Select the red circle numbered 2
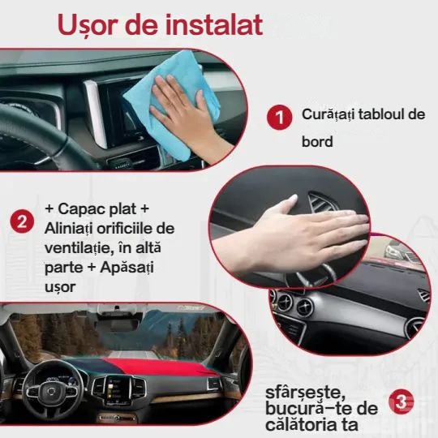pyautogui.click(x=22, y=221)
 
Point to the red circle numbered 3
pyautogui.click(x=402, y=401)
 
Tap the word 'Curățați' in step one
pyautogui.click(x=329, y=114)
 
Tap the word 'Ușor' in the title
pyautogui.click(x=92, y=24)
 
